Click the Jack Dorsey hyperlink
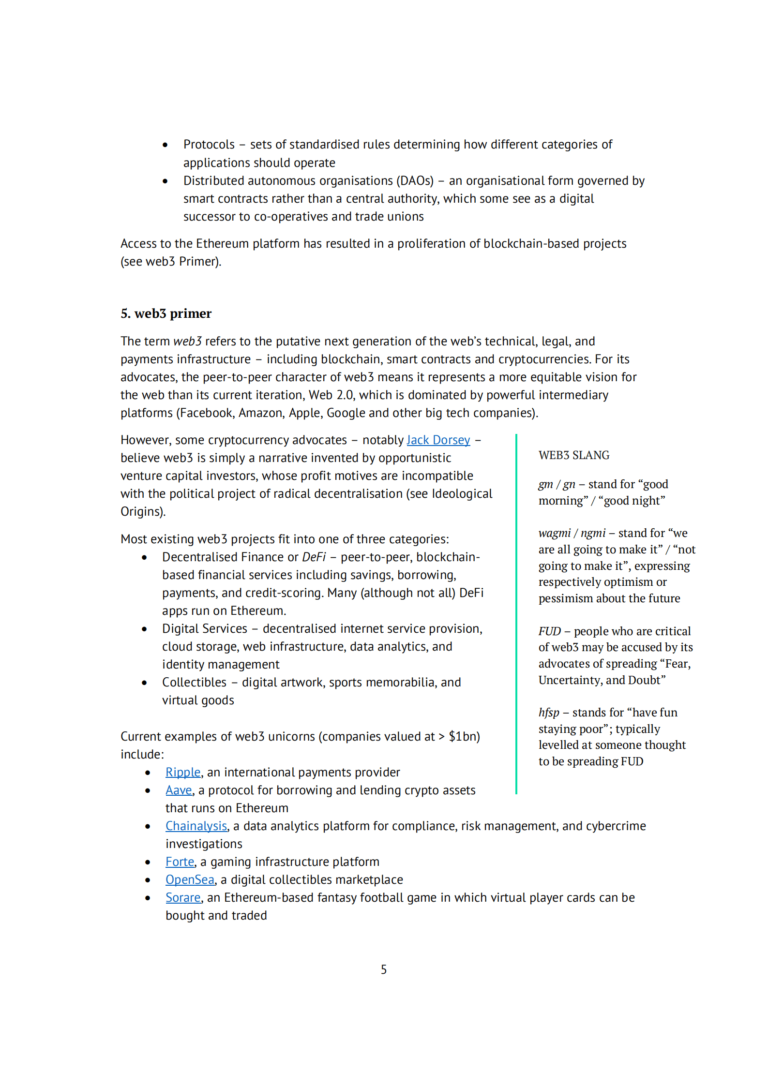coord(438,440)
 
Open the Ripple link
coord(182,773)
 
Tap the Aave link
coord(179,790)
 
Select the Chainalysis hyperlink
coord(196,826)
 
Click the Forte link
coord(180,862)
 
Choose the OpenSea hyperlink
coord(190,880)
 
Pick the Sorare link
coord(182,898)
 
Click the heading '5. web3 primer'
coord(166,313)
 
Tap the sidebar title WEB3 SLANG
coord(573,455)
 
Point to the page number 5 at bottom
coord(384,969)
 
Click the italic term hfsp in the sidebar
coord(548,713)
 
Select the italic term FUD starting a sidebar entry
coord(549,631)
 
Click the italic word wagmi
coord(554,533)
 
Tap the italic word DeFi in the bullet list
coord(314,557)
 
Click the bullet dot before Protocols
coord(165,145)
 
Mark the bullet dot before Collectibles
coord(144,683)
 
